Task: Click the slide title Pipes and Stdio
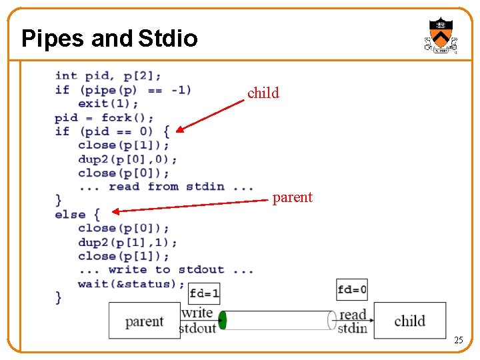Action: click(x=109, y=39)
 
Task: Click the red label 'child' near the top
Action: click(x=263, y=93)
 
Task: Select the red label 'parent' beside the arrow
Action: click(x=292, y=197)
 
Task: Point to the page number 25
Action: click(x=458, y=341)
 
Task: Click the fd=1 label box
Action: click(x=204, y=293)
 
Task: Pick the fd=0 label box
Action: click(x=352, y=290)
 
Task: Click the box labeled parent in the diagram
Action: click(x=144, y=321)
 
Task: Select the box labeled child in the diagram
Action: click(x=409, y=321)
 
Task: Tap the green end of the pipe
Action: click(x=223, y=320)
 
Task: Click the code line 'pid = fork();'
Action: click(x=104, y=118)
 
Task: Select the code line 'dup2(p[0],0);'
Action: click(x=127, y=159)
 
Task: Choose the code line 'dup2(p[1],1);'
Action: click(x=127, y=243)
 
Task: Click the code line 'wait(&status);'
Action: click(x=131, y=284)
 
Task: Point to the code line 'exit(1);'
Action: click(x=108, y=104)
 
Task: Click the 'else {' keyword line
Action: click(x=77, y=215)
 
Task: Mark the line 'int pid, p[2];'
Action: click(x=108, y=76)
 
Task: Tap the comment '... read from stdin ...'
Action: click(x=165, y=187)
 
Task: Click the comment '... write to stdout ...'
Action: click(x=165, y=270)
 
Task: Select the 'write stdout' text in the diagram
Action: click(x=198, y=320)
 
